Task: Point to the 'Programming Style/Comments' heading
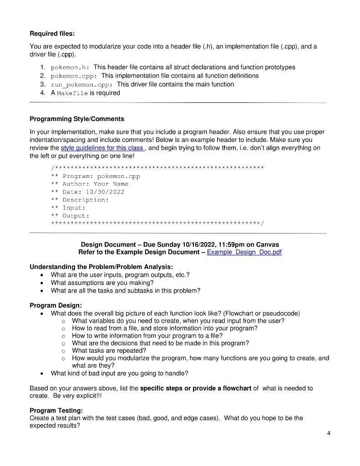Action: click(76, 119)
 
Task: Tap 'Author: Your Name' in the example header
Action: click(95, 184)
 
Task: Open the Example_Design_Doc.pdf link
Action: click(244, 252)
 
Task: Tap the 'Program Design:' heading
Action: click(56, 305)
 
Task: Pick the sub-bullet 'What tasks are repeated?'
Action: click(109, 350)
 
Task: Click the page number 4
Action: click(329, 433)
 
